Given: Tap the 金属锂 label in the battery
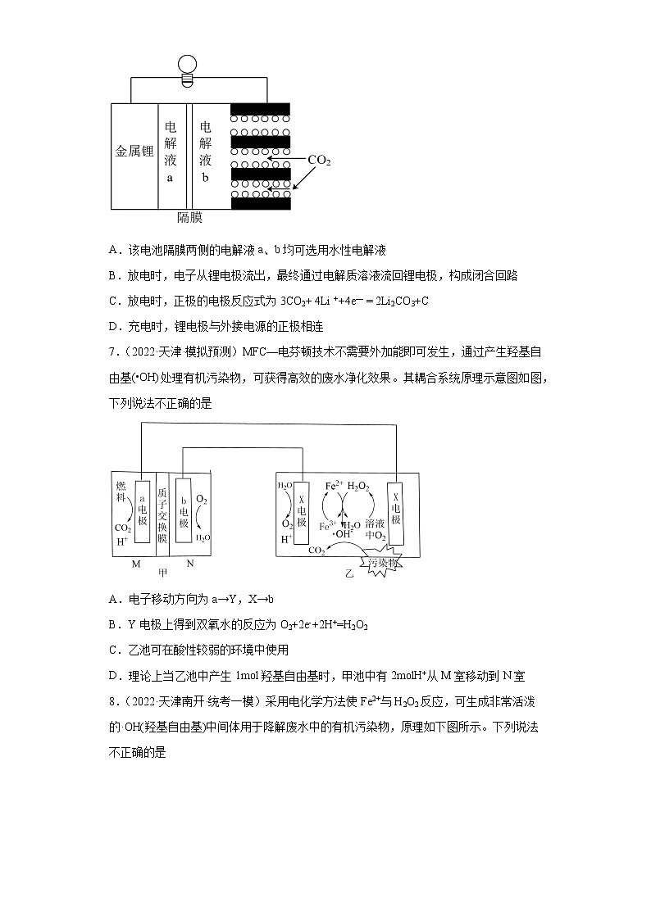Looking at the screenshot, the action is [134, 152].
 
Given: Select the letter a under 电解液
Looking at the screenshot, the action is [171, 178].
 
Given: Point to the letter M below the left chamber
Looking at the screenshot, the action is [136, 564].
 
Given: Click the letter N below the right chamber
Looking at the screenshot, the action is [189, 564].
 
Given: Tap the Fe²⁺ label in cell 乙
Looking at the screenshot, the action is [334, 486].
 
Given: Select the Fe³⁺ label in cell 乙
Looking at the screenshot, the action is [327, 526].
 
